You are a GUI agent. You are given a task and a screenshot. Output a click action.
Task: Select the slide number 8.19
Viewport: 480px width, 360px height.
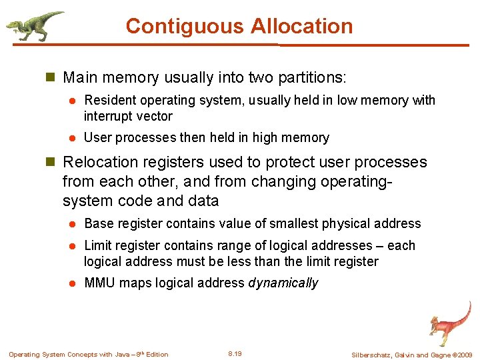(x=235, y=353)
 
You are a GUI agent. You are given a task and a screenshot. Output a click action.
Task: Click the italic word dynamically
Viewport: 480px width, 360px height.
(x=283, y=283)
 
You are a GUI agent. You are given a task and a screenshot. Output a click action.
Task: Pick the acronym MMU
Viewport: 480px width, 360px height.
(x=99, y=283)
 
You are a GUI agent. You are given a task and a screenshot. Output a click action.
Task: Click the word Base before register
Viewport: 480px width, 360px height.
(x=99, y=223)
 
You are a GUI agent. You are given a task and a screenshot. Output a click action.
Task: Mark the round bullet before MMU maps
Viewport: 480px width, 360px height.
(x=75, y=283)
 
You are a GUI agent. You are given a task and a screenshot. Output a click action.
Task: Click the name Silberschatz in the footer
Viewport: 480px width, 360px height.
(x=374, y=355)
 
